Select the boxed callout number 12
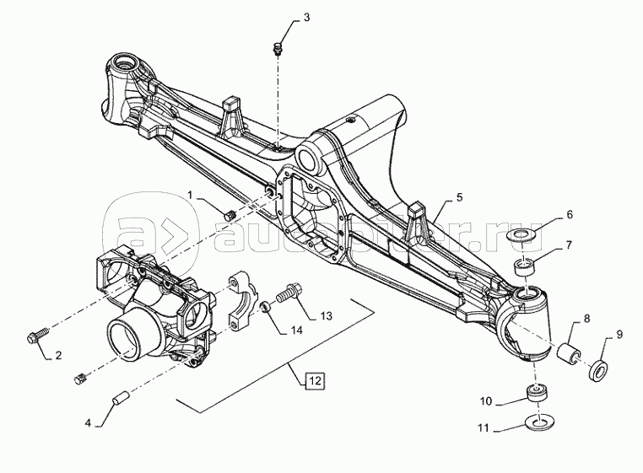(x=314, y=379)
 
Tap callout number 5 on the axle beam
(x=459, y=197)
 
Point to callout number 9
(x=619, y=335)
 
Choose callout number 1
(x=191, y=195)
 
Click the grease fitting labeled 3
(x=278, y=48)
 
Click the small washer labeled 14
(x=263, y=306)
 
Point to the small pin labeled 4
(x=120, y=395)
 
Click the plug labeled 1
(x=229, y=213)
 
